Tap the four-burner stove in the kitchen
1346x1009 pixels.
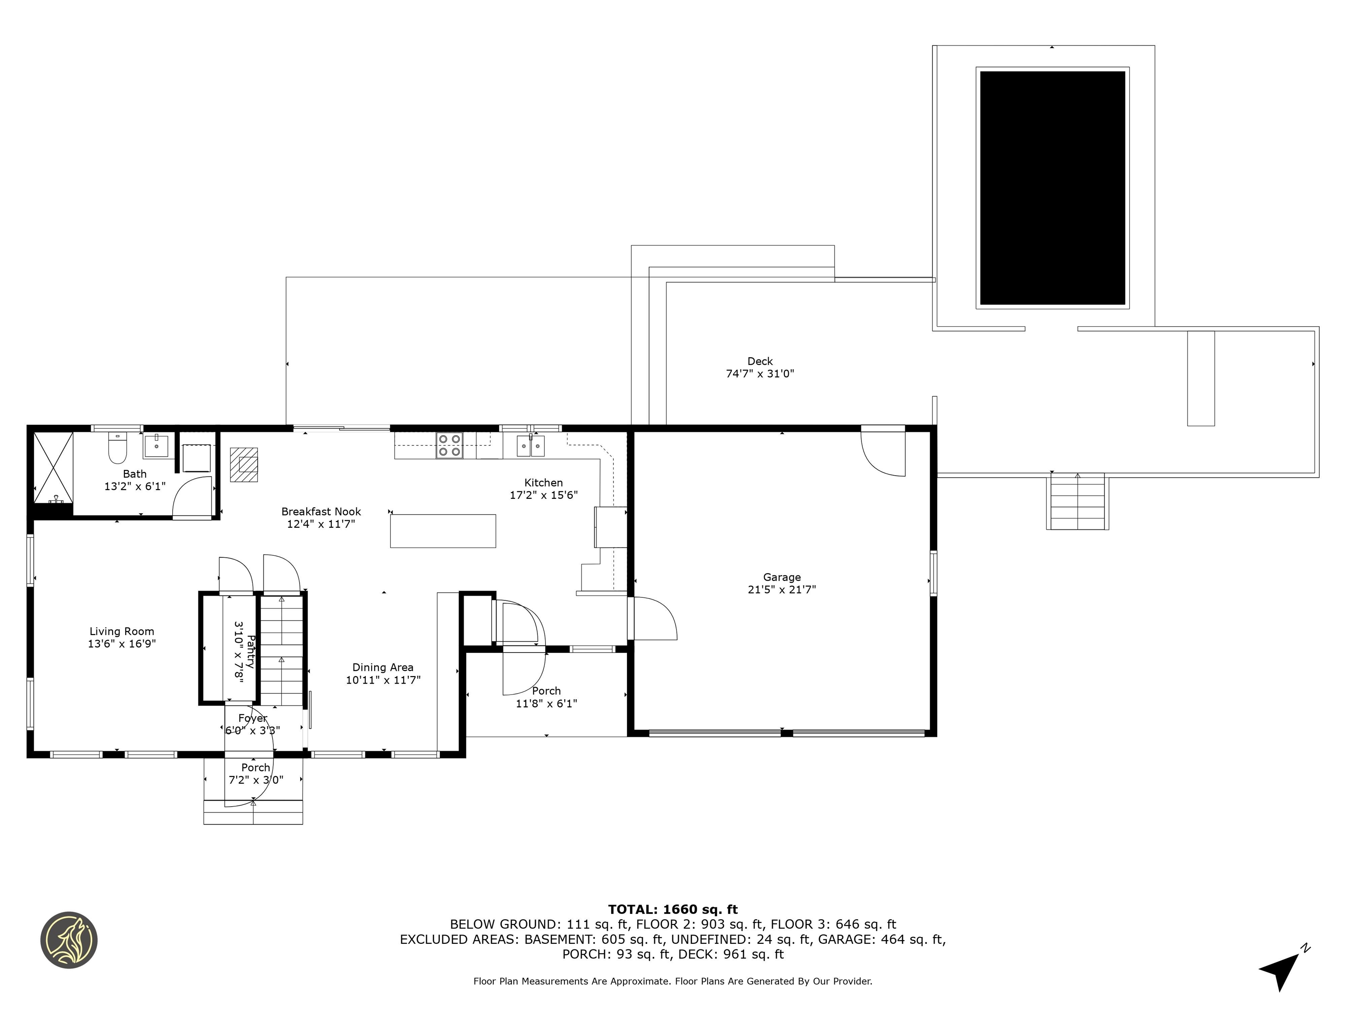[x=449, y=445]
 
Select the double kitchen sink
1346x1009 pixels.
[x=531, y=446]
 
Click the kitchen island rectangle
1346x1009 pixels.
[x=443, y=531]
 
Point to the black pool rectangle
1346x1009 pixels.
[x=1052, y=188]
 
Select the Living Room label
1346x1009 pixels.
[x=122, y=632]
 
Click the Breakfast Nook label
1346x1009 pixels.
[x=321, y=512]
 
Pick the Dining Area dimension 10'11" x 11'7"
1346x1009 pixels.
[x=383, y=680]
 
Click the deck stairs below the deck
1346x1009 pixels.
[x=1077, y=502]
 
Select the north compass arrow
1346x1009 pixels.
[x=1281, y=968]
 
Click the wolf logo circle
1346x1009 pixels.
[x=69, y=940]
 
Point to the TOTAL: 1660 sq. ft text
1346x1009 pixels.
[x=673, y=909]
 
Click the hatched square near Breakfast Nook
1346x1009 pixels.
[x=244, y=465]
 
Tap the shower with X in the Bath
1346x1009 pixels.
[x=53, y=466]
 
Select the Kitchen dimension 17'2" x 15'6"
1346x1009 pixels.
[x=543, y=495]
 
